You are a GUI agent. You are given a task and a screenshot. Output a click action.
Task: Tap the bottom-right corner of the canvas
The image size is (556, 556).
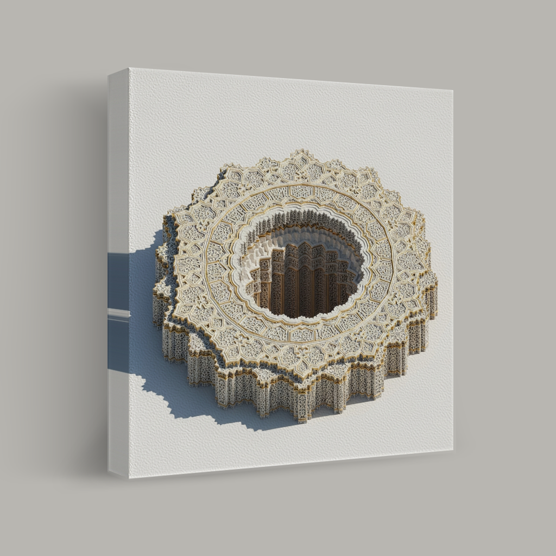tap(453, 450)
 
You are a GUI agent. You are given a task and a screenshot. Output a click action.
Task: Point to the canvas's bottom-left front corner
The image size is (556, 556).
tap(129, 478)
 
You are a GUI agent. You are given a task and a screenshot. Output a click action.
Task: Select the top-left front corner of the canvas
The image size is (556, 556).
tap(129, 68)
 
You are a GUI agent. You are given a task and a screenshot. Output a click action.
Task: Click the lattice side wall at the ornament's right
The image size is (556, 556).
tap(415, 337)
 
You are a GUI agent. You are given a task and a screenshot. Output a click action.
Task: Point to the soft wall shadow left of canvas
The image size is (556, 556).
tap(81, 271)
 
